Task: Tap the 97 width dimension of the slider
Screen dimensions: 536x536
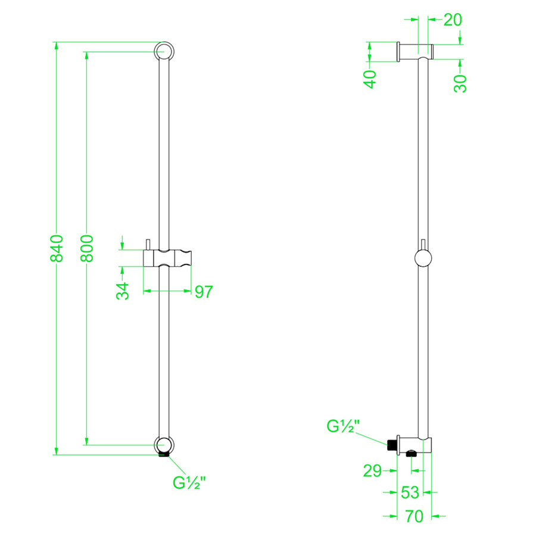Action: tap(202, 292)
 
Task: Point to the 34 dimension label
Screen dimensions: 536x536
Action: tap(123, 291)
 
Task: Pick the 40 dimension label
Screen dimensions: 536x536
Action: tap(370, 79)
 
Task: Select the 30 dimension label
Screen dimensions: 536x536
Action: tap(460, 83)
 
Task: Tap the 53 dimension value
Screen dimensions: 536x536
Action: tap(410, 493)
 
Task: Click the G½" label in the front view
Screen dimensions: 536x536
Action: tap(189, 482)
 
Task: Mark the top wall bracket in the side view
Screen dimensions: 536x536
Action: tap(415, 51)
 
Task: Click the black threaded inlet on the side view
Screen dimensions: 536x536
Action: tap(391, 444)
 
